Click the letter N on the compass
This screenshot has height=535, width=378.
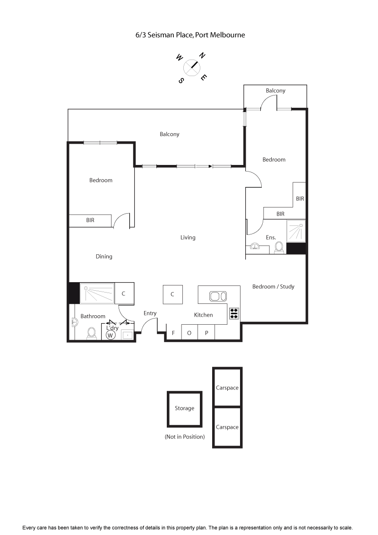[x=202, y=56]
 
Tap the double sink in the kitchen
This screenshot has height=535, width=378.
[x=218, y=296]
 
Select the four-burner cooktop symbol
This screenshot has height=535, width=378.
[x=234, y=313]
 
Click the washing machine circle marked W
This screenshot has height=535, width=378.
[x=111, y=335]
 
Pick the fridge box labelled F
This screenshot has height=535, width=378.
[x=173, y=333]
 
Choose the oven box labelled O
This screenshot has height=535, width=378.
[x=189, y=333]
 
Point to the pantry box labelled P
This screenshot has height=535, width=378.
[x=206, y=333]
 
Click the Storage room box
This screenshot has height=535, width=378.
[x=184, y=408]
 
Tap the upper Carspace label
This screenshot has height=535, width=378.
[x=227, y=388]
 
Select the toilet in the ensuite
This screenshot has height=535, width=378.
[x=279, y=247]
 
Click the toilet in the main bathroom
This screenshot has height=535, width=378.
[x=92, y=333]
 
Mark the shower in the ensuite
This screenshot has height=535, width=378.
[x=296, y=231]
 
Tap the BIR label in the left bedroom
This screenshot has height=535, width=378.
[x=90, y=220]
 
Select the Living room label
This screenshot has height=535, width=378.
[x=188, y=237]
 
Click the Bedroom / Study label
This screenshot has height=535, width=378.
[x=273, y=286]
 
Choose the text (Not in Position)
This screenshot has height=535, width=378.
[x=185, y=437]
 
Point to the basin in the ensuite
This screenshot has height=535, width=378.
[x=255, y=246]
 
